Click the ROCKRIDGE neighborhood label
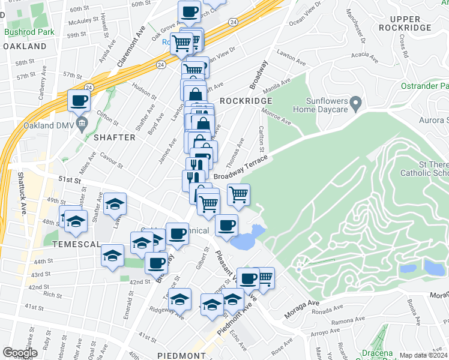pyautogui.click(x=246, y=101)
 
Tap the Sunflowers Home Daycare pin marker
pyautogui.click(x=355, y=104)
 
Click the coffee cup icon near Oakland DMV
pyautogui.click(x=79, y=100)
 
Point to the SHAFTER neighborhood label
pyautogui.click(x=114, y=137)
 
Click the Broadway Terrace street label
pyautogui.click(x=240, y=168)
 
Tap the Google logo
pyautogui.click(x=20, y=352)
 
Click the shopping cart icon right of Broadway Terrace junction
pyautogui.click(x=238, y=194)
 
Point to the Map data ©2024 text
pyautogui.click(x=423, y=355)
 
